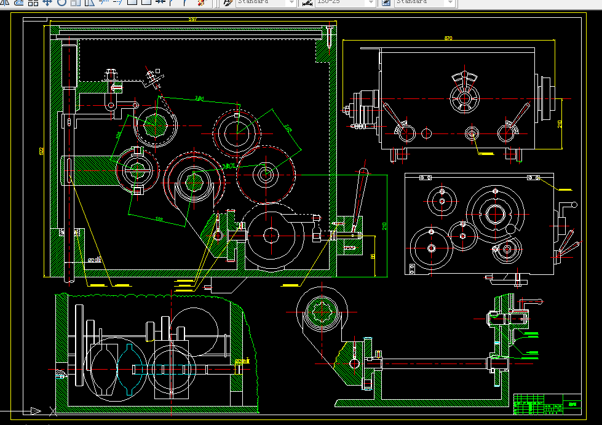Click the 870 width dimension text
point(448,39)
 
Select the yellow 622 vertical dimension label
point(41,151)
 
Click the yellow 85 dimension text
point(373,256)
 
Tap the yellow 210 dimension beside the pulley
point(560,124)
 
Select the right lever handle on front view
point(521,115)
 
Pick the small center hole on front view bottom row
point(472,133)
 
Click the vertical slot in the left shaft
point(69,170)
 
